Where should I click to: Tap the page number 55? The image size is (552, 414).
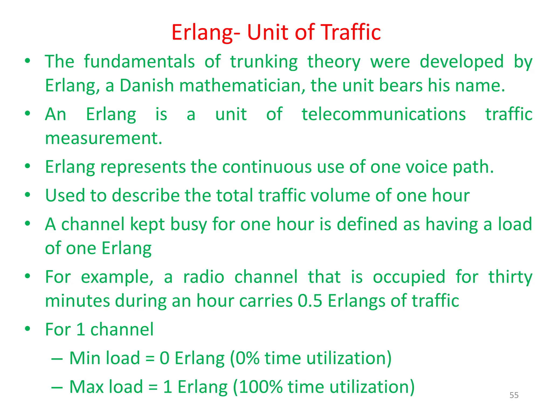click(x=514, y=395)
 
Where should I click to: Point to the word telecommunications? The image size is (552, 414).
click(x=384, y=114)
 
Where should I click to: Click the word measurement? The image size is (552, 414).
click(x=103, y=138)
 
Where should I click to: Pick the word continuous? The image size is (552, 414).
click(x=267, y=167)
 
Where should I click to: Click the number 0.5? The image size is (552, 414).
click(x=310, y=301)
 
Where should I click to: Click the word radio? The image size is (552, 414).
click(x=204, y=277)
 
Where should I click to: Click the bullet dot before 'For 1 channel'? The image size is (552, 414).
click(x=27, y=329)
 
